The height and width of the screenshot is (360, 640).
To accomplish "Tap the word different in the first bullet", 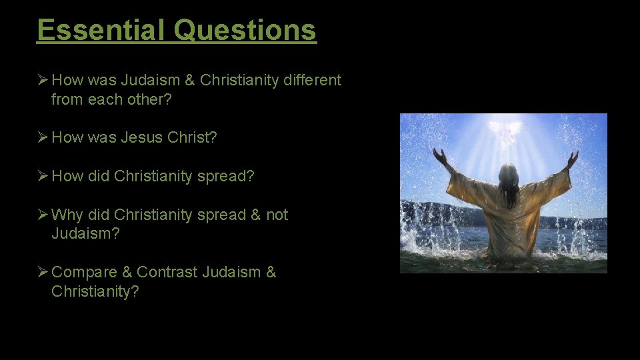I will click(312, 81).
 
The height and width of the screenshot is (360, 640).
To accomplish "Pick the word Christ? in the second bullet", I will click(193, 138).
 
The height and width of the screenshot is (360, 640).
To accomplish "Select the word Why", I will click(66, 215).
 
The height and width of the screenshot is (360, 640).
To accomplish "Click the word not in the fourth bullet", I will click(277, 215).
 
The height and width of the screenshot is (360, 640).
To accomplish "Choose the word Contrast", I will click(167, 272).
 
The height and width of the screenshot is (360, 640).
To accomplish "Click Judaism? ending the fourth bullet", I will click(85, 234).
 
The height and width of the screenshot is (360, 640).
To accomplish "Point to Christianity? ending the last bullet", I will click(95, 291).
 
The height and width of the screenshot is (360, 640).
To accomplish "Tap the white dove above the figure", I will click(504, 131).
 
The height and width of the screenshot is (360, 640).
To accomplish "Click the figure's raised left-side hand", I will click(440, 157).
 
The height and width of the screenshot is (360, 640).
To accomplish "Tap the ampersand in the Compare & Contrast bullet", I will click(128, 272).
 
